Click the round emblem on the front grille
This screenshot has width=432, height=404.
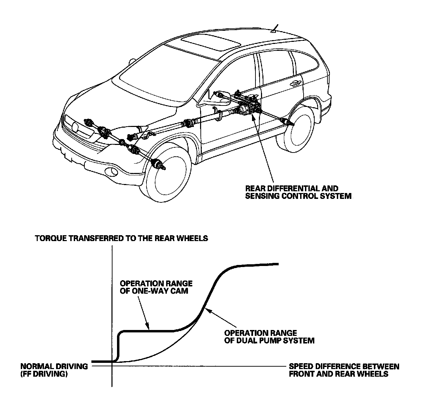pos(75,127)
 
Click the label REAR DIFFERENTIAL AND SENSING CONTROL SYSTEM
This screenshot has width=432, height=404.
pos(298,193)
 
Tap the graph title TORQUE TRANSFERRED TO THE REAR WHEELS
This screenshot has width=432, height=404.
pos(121,238)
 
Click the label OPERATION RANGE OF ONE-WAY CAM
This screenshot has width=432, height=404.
pos(156,287)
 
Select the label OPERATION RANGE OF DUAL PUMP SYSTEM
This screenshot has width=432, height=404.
pos(269,337)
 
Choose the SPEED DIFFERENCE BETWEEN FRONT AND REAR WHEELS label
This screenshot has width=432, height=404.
pos(344,370)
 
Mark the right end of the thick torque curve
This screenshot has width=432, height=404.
pos(278,264)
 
